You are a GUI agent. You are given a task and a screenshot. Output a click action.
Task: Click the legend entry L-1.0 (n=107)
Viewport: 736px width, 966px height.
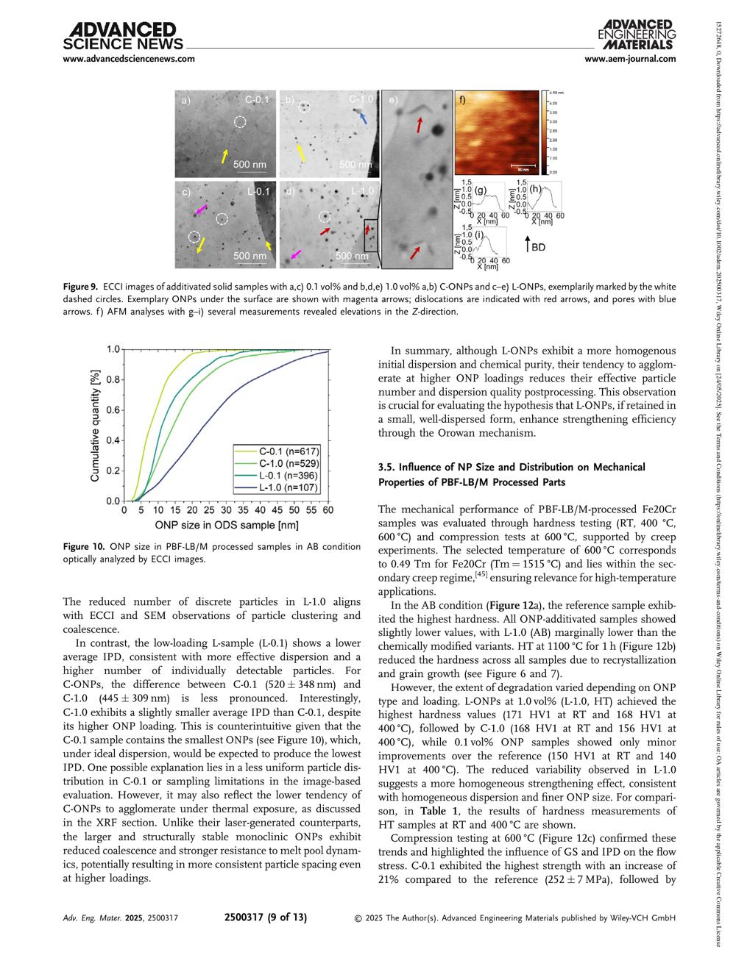(283, 487)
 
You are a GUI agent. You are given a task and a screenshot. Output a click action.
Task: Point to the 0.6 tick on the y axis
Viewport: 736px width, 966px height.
(114, 409)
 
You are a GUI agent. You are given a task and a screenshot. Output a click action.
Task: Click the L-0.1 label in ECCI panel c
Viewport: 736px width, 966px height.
(258, 192)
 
